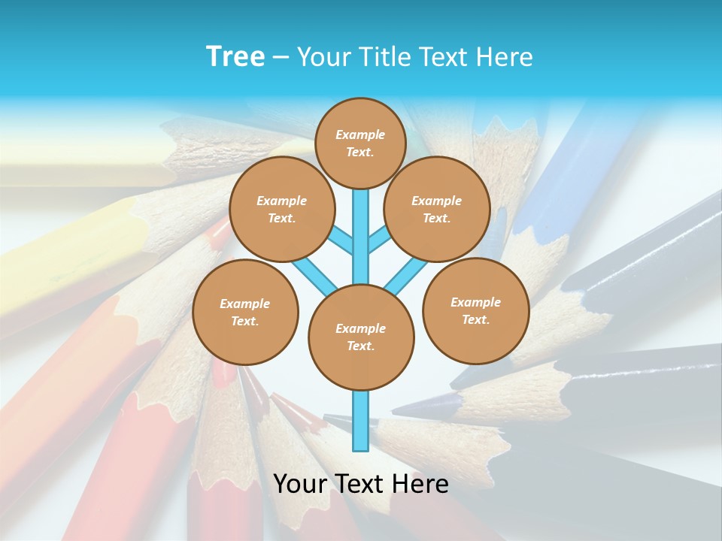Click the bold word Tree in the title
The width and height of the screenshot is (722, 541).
click(x=235, y=56)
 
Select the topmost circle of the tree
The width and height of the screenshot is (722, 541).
click(x=361, y=143)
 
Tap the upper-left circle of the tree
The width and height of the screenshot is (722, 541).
click(x=282, y=209)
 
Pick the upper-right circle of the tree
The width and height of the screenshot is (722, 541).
click(x=437, y=209)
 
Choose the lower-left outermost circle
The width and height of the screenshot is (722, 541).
click(x=245, y=312)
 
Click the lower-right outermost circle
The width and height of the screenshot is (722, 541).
click(x=476, y=310)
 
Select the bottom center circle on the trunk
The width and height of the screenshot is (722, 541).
click(x=361, y=337)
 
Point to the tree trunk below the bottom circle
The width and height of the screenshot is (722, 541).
click(x=361, y=421)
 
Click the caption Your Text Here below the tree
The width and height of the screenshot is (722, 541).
click(x=361, y=483)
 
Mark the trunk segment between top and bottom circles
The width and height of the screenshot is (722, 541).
click(x=361, y=237)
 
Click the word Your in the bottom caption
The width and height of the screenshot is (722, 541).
click(x=300, y=483)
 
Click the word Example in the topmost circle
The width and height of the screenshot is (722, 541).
click(x=360, y=134)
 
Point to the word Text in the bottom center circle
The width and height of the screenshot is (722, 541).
click(x=359, y=346)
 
